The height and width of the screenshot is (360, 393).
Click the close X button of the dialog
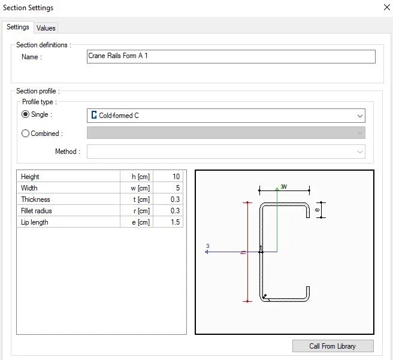[x=387, y=7]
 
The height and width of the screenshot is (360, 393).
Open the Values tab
[x=46, y=28]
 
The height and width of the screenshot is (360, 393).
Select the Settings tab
[x=18, y=27]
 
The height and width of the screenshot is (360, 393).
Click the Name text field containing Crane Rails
[x=231, y=56]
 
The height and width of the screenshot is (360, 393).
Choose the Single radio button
[x=25, y=114]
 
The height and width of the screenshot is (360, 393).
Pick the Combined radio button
[x=25, y=133]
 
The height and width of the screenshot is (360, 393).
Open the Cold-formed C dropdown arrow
[x=360, y=116]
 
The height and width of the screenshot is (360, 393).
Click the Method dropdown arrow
[x=360, y=152]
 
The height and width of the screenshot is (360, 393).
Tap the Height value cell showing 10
[x=168, y=177]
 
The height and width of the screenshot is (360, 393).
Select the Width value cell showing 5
[x=168, y=188]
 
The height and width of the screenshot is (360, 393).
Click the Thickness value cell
[x=168, y=199]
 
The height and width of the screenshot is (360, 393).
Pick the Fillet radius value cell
[x=168, y=211]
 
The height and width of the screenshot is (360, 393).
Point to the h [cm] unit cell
[x=137, y=177]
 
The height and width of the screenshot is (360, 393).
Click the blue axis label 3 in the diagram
[x=207, y=246]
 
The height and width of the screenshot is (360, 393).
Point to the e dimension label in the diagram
[x=318, y=210]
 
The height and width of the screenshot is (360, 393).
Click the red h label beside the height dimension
[x=243, y=253]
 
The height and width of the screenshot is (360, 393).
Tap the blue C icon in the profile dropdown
[x=94, y=115]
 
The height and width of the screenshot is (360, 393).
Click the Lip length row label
[x=35, y=222]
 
